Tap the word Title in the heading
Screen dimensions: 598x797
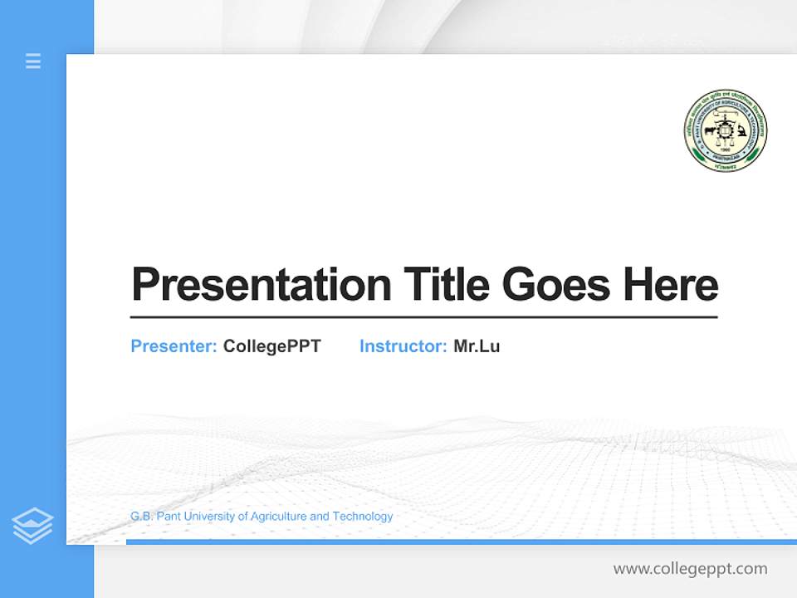tap(445, 285)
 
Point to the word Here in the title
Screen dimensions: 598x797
tap(671, 285)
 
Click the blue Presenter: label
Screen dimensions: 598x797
tap(174, 346)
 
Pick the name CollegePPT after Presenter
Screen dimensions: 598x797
tap(271, 346)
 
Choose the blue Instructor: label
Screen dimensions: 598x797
tap(403, 346)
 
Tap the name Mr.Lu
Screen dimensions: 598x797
tap(477, 346)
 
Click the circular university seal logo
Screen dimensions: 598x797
tap(725, 131)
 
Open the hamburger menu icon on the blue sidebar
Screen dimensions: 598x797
tap(33, 61)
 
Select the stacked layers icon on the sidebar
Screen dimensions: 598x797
tap(32, 526)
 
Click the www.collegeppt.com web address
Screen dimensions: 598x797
tap(690, 569)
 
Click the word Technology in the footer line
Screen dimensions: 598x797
tap(363, 517)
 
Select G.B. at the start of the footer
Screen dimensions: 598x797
tap(140, 517)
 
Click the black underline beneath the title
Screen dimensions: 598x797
tap(423, 316)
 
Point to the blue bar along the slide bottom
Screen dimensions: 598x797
tap(461, 542)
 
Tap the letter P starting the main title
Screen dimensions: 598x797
tap(144, 285)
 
